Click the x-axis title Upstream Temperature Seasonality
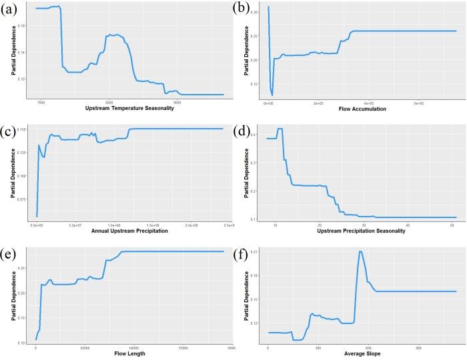point(129,109)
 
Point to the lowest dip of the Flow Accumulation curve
point(272,95)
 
